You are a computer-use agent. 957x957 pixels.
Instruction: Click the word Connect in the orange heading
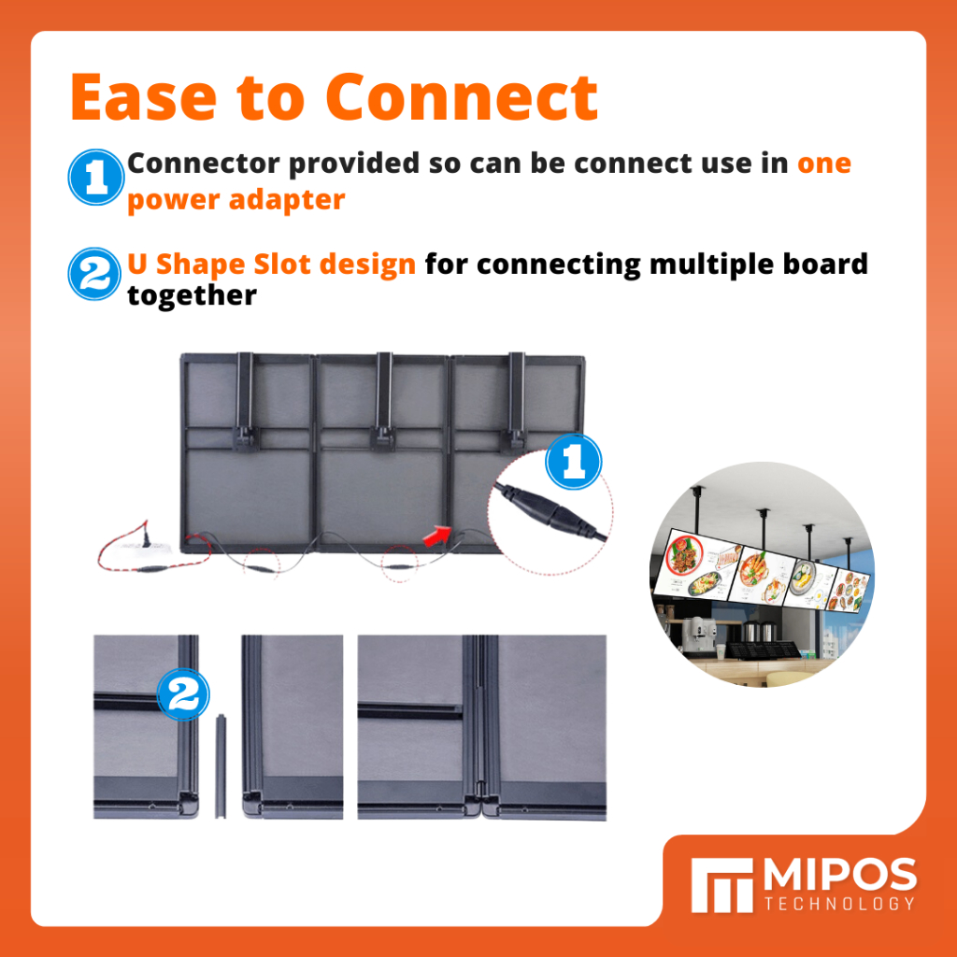tap(462, 97)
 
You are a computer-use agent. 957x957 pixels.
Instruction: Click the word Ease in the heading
tap(144, 97)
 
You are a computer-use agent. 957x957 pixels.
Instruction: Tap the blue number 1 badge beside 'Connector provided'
tap(96, 177)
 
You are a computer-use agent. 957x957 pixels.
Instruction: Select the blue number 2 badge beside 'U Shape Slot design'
tap(94, 274)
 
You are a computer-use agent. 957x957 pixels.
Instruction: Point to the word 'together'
tap(192, 295)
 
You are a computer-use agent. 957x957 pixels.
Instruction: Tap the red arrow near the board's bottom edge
tap(436, 536)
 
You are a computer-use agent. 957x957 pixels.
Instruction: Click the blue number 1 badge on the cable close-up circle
tap(573, 462)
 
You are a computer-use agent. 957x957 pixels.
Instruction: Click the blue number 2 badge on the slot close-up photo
tap(183, 694)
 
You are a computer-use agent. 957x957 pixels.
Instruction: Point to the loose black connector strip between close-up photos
tap(221, 766)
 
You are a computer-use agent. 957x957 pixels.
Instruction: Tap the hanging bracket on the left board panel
tap(246, 402)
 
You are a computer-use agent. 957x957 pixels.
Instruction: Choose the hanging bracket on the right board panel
tap(516, 400)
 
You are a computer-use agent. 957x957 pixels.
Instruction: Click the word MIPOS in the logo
tap(840, 875)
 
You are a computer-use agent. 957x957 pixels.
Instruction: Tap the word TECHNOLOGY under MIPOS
tap(840, 904)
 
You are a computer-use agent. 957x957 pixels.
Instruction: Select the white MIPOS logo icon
tap(722, 885)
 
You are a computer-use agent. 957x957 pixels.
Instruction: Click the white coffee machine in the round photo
tap(693, 636)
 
